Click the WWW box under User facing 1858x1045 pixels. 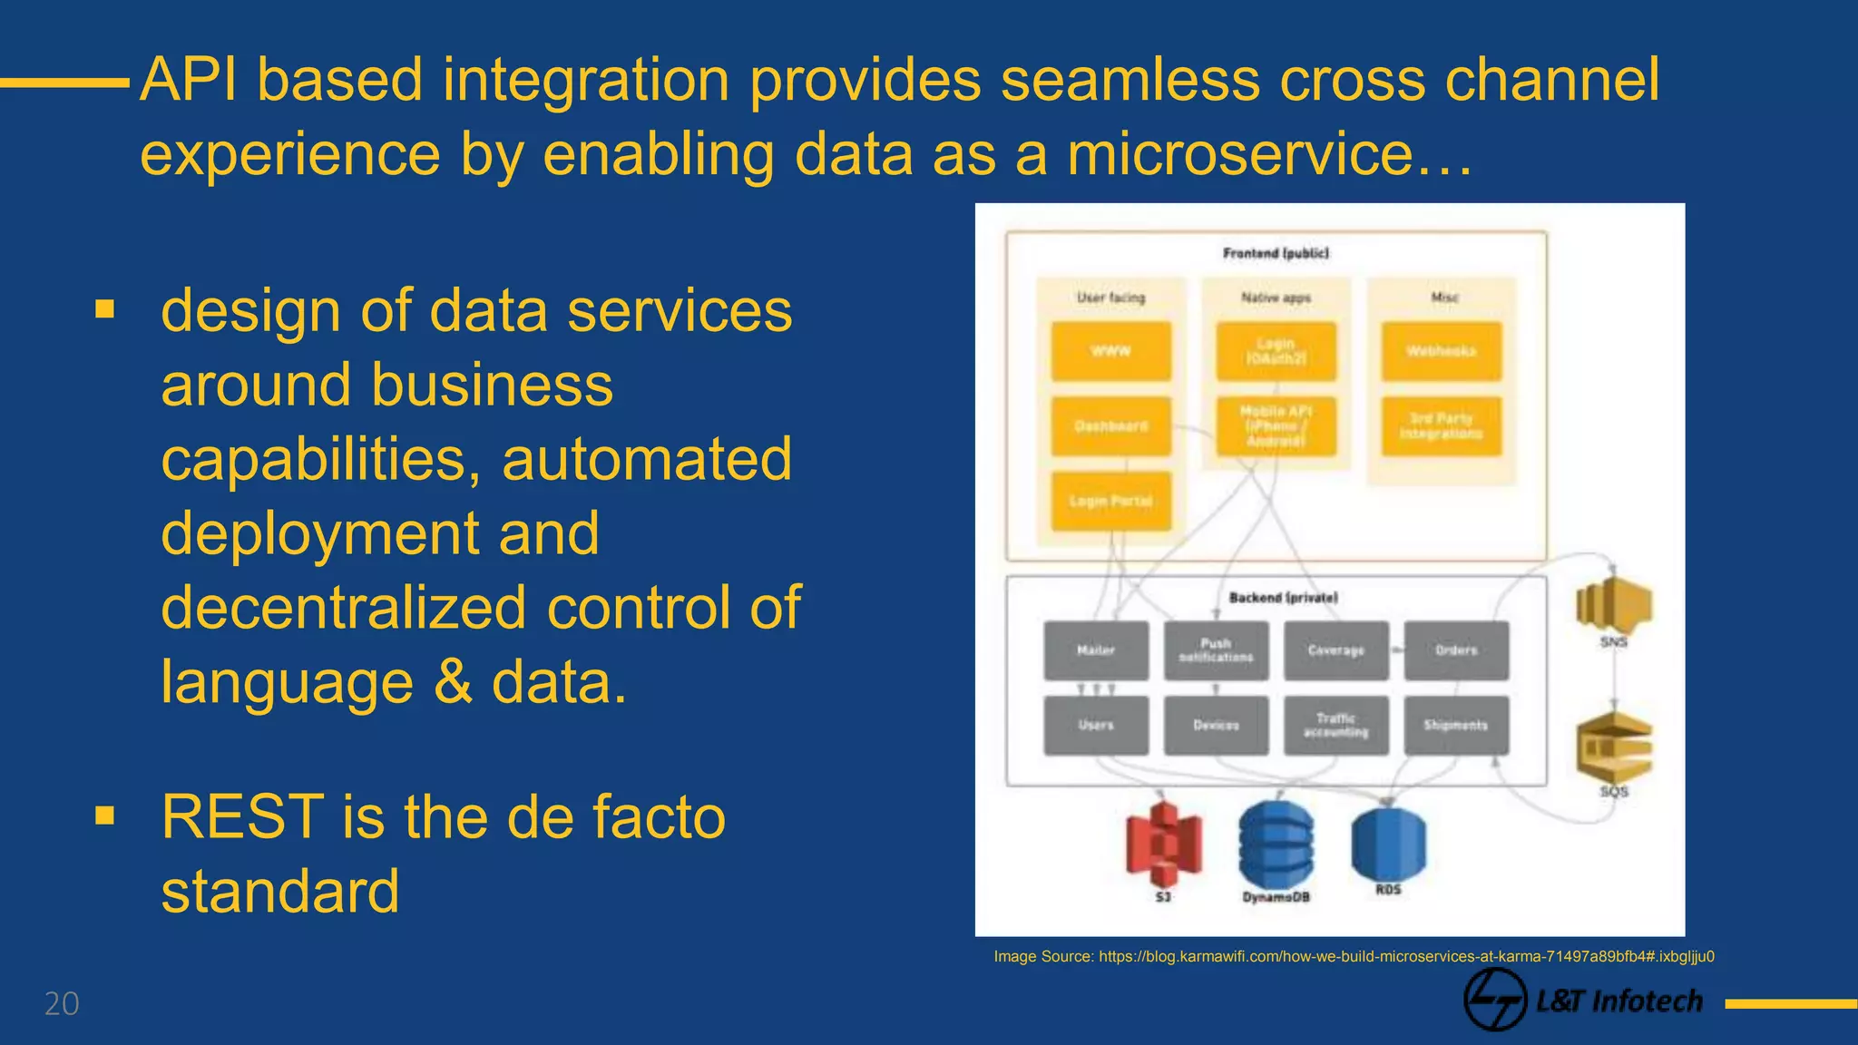point(1110,351)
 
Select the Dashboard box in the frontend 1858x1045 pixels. point(1110,425)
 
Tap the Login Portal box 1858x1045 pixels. point(1110,501)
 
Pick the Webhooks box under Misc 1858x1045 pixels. point(1441,351)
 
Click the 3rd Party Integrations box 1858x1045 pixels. point(1441,425)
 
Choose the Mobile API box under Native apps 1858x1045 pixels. point(1276,425)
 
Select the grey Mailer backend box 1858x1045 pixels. point(1096,650)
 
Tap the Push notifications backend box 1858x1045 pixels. point(1216,650)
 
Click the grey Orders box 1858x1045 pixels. point(1456,650)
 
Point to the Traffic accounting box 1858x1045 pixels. point(1335,725)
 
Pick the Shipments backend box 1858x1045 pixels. point(1456,725)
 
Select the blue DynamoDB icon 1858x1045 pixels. point(1276,844)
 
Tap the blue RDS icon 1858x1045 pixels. point(1388,842)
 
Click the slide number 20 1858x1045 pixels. point(62,1004)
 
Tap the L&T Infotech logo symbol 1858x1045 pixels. point(1494,1000)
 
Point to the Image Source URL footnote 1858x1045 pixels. point(1354,956)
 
